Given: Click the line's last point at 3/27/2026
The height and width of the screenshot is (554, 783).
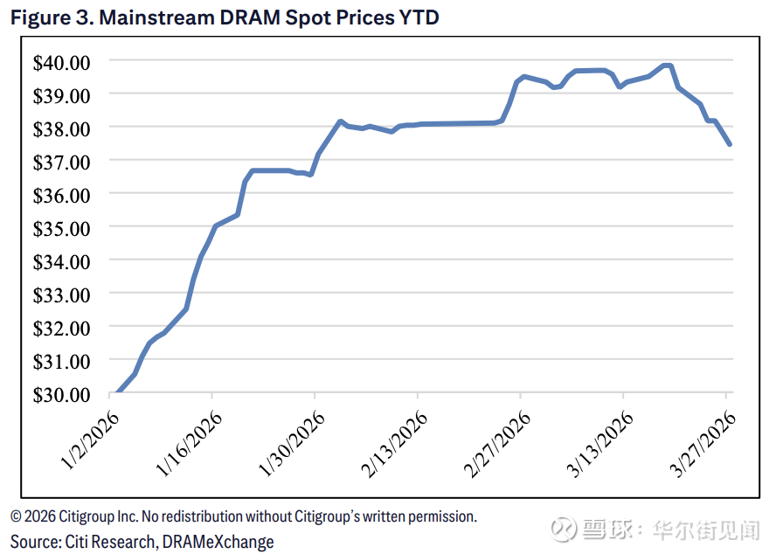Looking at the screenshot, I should pos(729,144).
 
